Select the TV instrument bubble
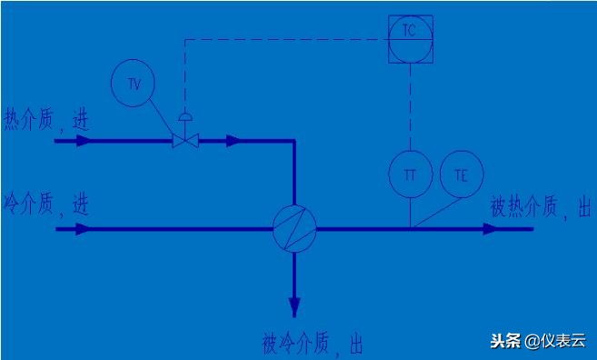coord(133,83)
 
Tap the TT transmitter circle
coord(410,175)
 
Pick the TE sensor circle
coord(461,175)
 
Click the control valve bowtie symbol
coord(185,141)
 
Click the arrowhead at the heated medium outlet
coord(491,228)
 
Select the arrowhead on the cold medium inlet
coord(84,228)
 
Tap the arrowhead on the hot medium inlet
coord(84,141)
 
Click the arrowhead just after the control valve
coord(234,141)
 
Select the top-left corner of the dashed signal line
coord(185,39)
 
